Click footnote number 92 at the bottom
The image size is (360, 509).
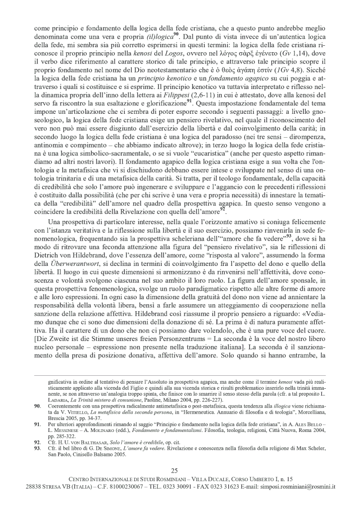[37, 441]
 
